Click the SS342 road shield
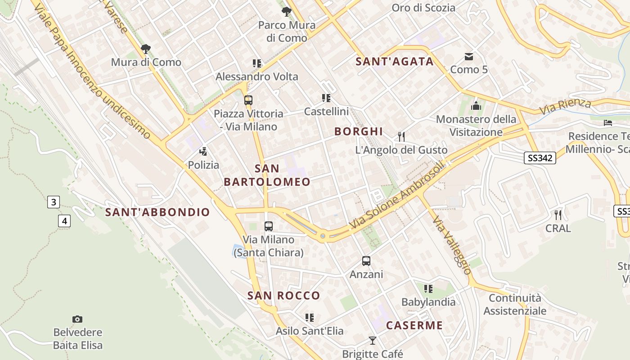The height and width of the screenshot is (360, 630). coord(540,158)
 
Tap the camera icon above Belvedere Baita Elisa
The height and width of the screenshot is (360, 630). coord(77,319)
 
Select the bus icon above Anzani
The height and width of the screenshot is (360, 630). coord(366,261)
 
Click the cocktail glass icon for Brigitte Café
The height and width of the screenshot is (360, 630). coord(372,340)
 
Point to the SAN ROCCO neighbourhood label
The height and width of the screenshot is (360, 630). coord(283,296)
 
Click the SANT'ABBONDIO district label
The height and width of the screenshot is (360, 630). coord(157,212)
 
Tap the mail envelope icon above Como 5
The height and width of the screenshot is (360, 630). coord(469,57)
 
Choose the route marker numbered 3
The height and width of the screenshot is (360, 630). coord(53,202)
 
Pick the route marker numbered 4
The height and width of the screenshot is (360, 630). coord(65,221)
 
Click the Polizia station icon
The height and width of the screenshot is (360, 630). coord(203,152)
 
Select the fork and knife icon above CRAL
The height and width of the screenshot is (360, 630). coord(558,215)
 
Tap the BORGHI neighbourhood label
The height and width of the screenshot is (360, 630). coord(359,131)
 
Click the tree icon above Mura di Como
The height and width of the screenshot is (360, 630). coord(146,49)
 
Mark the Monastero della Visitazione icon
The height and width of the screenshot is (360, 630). coord(476,106)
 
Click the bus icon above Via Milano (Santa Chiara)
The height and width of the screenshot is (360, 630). coord(269,226)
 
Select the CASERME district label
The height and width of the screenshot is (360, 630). coord(414,325)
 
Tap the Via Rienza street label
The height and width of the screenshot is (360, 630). coord(565,106)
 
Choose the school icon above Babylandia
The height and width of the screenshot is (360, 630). coord(428,288)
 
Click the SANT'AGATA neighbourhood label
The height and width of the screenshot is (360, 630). coord(395,62)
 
